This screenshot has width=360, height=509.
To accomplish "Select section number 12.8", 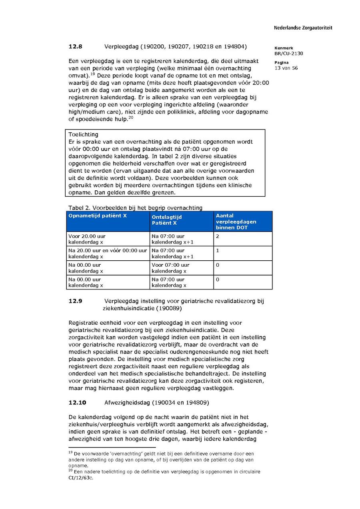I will coord(75,47).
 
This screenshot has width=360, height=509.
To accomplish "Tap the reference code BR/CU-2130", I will coord(288,54).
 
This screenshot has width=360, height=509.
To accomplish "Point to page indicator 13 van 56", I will coord(286,68).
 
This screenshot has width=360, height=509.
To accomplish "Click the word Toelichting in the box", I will coord(83,135).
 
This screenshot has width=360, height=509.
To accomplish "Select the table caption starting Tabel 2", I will coord(135,208).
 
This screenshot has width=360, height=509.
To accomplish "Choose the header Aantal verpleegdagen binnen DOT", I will coord(236,222).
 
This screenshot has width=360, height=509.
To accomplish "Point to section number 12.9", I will coord(75,301).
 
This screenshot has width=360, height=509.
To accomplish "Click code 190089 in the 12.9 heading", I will coord(170,308).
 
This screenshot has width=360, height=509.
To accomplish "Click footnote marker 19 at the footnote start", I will coord(70,452).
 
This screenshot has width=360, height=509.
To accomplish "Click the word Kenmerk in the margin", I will coord(284,48).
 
